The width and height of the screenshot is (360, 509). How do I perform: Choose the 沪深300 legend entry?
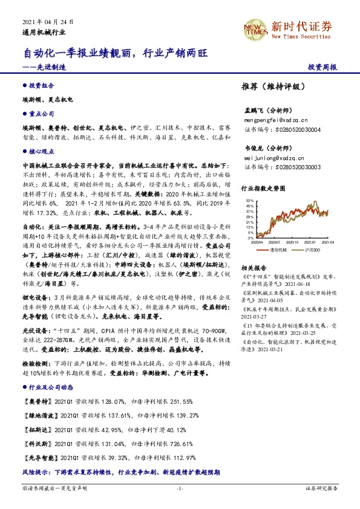310,248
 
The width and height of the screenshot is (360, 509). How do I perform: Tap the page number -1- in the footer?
180,488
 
